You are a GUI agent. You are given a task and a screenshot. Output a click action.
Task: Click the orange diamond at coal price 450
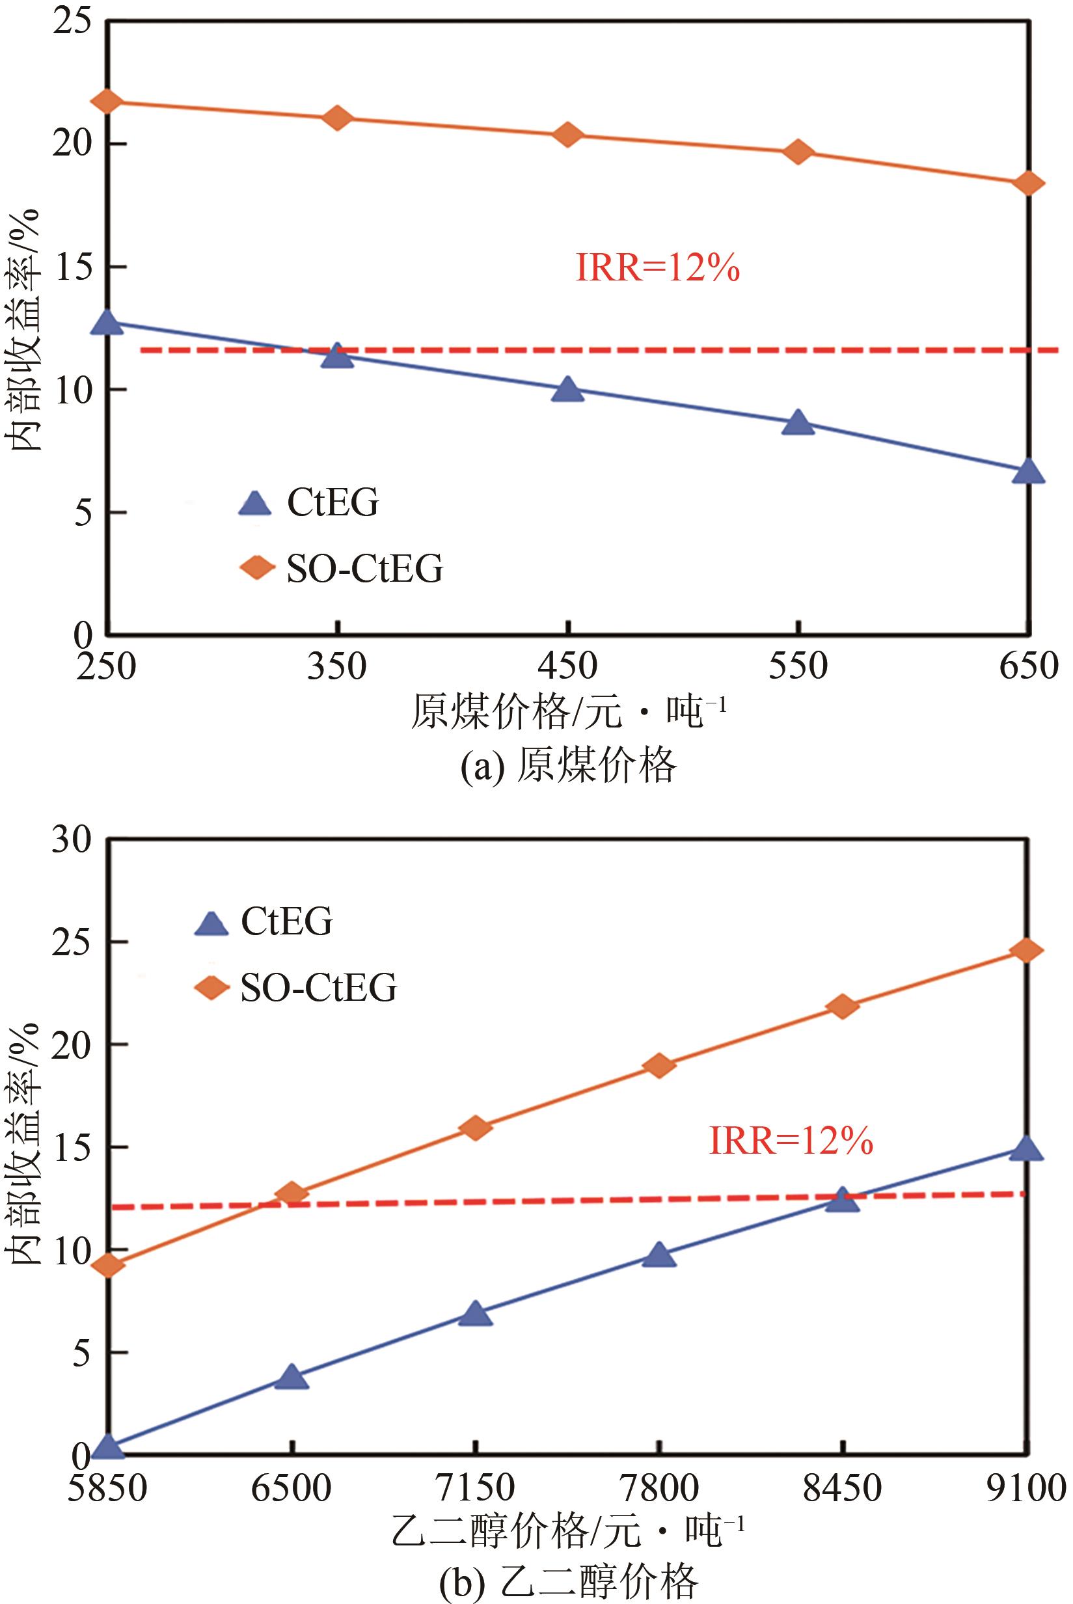567,134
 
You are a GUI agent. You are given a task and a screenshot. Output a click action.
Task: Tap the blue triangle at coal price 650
1028,472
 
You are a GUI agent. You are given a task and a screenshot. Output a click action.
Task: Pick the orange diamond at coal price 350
336,118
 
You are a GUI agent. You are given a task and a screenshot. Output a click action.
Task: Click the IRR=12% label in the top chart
658,268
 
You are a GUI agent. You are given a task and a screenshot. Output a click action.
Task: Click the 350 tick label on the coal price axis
336,666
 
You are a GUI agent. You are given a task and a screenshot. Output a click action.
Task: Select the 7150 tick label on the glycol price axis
476,1488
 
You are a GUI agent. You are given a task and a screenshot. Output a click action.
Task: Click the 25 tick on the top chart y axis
72,22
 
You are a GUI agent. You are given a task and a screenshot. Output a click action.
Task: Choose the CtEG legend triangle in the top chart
255,504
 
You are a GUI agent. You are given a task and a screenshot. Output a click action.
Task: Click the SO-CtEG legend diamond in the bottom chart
212,988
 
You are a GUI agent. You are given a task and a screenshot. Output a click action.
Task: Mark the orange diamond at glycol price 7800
659,1065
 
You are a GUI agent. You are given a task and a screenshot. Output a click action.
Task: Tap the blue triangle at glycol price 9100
1025,1149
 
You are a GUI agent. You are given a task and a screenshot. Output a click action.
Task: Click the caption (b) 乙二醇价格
568,1581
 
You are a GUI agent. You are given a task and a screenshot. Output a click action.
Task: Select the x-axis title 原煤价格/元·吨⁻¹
568,713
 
